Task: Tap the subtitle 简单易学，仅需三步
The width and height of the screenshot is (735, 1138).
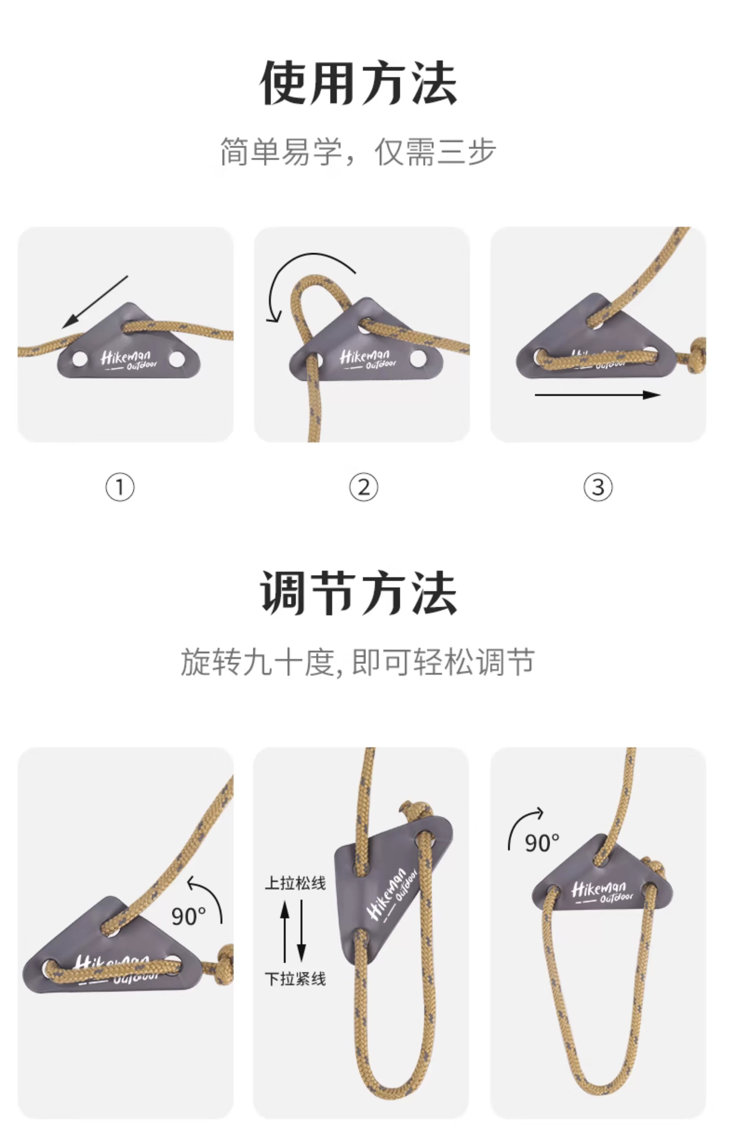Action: [358, 152]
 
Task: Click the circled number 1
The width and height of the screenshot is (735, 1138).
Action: [120, 487]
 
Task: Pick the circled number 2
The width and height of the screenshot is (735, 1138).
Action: [364, 487]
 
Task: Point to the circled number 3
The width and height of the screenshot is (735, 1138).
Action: [598, 487]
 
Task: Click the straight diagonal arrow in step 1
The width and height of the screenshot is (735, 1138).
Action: [95, 302]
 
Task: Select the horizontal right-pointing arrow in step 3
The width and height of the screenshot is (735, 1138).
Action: [597, 395]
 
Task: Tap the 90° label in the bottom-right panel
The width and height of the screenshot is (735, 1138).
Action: [542, 843]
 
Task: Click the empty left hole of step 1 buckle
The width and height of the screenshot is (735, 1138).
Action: [80, 359]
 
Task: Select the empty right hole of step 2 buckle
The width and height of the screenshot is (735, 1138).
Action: [418, 359]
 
